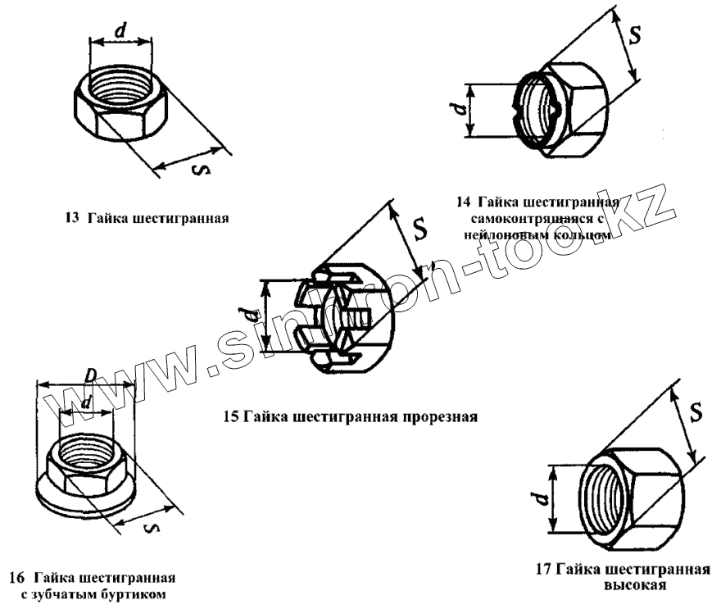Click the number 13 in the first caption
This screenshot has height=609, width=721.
pyautogui.click(x=71, y=219)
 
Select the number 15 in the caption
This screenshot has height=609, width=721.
pyautogui.click(x=231, y=416)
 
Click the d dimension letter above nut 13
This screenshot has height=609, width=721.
pyautogui.click(x=120, y=30)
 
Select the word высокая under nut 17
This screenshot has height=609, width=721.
pyautogui.click(x=635, y=586)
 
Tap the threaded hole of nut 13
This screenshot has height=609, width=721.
pyautogui.click(x=121, y=82)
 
